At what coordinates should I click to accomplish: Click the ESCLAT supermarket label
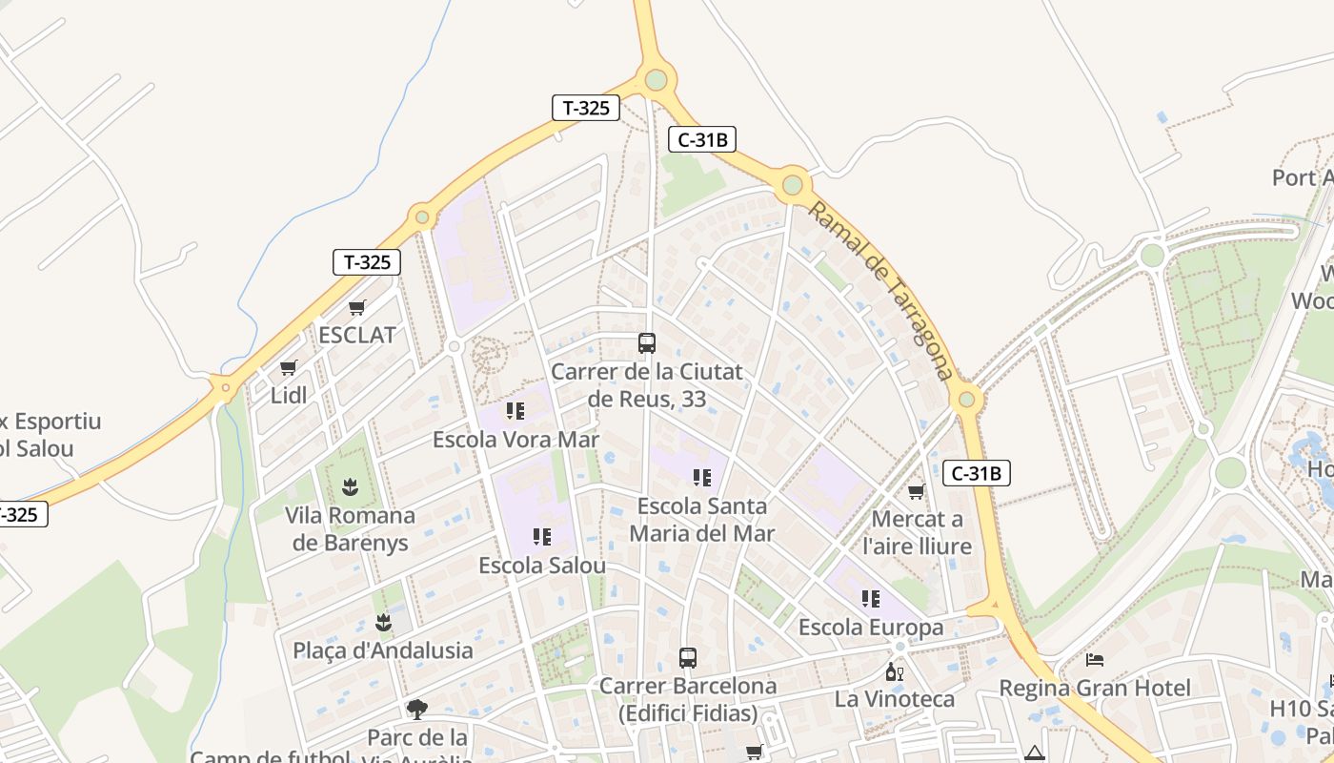356,335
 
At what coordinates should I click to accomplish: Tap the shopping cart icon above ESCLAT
357,307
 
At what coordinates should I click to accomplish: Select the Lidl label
289,395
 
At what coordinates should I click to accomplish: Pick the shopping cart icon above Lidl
289,367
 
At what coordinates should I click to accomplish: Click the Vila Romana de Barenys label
351,529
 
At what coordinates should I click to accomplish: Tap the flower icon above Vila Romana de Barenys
350,487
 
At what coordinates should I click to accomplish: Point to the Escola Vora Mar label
515,440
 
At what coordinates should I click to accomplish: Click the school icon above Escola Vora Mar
515,411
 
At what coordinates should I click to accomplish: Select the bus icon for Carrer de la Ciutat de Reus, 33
647,342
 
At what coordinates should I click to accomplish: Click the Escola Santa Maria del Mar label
702,520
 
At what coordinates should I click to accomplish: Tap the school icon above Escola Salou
542,537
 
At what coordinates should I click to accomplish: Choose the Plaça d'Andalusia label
383,650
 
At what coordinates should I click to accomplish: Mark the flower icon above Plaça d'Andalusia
383,623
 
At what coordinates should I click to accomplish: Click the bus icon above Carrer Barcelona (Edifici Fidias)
688,657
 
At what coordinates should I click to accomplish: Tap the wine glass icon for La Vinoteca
895,671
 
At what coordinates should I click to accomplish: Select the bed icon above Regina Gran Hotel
1095,660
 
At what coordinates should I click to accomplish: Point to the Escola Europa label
871,628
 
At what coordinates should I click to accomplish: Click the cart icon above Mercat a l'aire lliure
917,491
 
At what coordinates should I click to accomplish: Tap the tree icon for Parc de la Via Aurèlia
416,709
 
